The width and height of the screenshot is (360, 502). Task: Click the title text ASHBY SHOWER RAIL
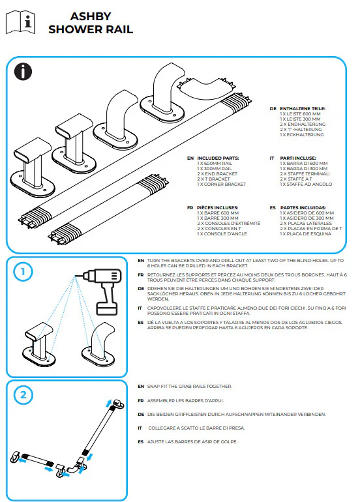click(x=91, y=23)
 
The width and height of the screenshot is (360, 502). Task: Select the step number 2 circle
click(x=22, y=394)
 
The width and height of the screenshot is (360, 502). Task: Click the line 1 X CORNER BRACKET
click(x=222, y=185)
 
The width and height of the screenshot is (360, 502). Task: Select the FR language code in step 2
click(x=141, y=400)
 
